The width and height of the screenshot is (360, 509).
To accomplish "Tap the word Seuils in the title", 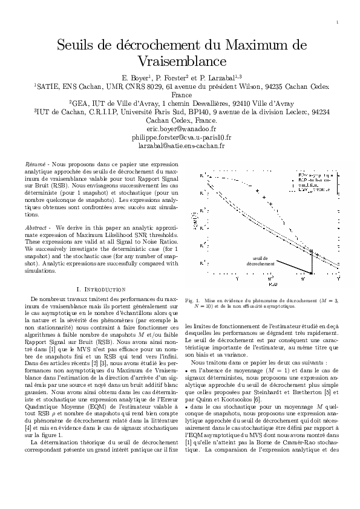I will point(77,45).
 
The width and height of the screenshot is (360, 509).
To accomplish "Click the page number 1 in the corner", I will point(336,23).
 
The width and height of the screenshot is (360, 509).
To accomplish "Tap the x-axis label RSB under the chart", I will point(273,284).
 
